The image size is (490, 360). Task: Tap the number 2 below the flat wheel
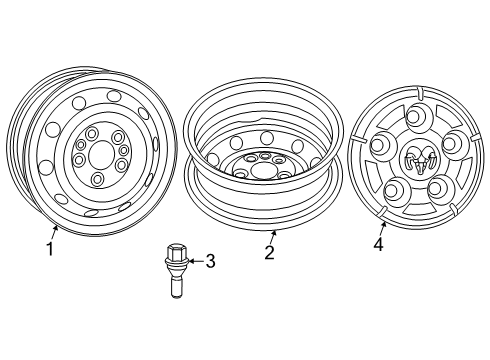(268, 252)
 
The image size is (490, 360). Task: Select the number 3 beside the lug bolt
(210, 262)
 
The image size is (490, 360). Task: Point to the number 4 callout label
(379, 242)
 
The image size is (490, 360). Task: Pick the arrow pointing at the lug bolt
(196, 262)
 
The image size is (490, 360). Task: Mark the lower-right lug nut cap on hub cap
(437, 187)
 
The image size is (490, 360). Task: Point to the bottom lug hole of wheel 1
(98, 180)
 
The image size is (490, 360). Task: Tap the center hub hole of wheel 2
(265, 168)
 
